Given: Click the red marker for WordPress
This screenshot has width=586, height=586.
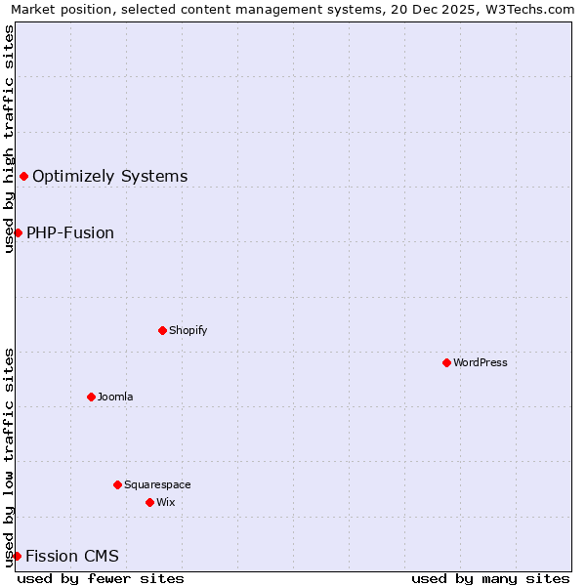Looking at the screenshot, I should coord(446,362).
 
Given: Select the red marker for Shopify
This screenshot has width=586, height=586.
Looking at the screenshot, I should coord(162,330).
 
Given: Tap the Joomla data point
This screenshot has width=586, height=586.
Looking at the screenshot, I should coord(91,397).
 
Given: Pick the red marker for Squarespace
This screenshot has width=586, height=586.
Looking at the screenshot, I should coord(117,484).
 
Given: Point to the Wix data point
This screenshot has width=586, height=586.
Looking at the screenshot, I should coord(149,502).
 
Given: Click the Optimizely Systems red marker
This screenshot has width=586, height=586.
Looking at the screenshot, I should coord(23,176).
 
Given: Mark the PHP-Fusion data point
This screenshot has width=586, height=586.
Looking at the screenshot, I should coord(18,232).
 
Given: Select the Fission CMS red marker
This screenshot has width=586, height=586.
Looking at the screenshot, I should coord(17,556).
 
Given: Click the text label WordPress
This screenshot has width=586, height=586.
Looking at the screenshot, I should coord(481,362).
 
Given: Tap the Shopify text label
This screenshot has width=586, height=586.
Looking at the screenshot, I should coord(188,330).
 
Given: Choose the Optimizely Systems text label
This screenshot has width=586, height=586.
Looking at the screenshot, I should coord(109,176).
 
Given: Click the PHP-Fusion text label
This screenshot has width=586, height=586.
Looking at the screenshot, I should coord(70,232).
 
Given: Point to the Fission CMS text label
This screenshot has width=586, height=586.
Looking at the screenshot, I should coord(72,556).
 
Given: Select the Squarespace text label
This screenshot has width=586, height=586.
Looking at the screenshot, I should coord(157,484).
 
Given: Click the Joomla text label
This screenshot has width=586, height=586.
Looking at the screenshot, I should coord(115,397).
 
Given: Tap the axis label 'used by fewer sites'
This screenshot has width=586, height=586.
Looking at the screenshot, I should coord(101,578).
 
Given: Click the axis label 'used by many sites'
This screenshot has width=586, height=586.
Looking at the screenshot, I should coord(490,578).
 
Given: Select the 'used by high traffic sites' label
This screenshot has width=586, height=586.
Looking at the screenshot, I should coord(9,139).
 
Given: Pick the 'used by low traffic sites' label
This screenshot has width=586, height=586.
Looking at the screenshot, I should coord(9,456).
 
